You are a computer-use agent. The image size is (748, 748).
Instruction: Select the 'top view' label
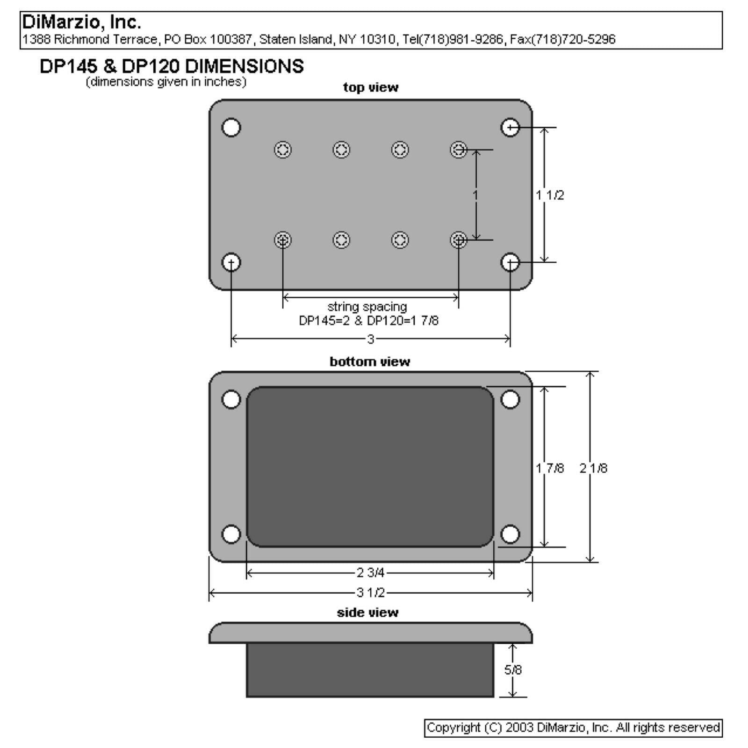click(x=370, y=87)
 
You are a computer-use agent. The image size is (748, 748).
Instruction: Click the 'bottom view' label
click(x=370, y=361)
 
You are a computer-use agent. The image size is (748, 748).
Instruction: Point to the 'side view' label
click(x=367, y=612)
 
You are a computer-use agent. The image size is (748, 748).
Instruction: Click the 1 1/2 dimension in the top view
click(x=550, y=195)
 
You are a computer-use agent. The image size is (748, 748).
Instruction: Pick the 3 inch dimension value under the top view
click(x=371, y=339)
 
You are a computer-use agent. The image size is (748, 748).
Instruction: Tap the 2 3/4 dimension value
click(x=370, y=573)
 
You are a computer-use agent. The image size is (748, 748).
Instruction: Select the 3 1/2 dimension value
click(x=371, y=593)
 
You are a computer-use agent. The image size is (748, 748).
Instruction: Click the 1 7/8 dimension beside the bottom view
click(x=550, y=468)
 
